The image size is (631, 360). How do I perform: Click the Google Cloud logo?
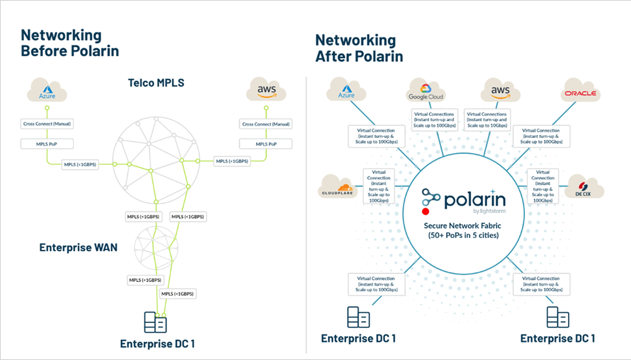(426, 91)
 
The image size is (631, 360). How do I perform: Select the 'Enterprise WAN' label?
(78, 248)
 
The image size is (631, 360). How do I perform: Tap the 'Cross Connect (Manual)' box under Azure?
(47, 124)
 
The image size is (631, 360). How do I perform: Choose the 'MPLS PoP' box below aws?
(266, 144)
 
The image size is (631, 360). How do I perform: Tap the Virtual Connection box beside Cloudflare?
(379, 187)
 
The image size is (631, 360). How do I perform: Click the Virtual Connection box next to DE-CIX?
(543, 187)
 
